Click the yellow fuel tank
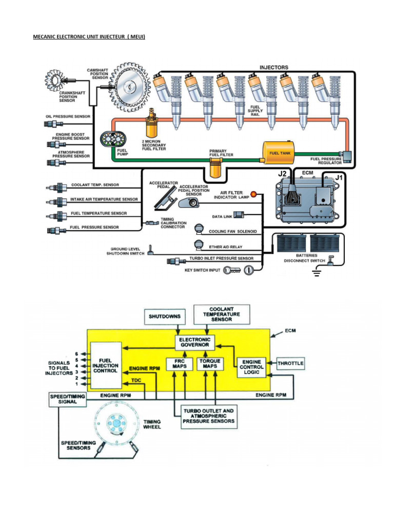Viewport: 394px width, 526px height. coord(279,153)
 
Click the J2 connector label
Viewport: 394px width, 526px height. coord(283,174)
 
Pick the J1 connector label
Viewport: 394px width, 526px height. coord(339,177)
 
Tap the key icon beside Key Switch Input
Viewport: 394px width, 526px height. coord(232,270)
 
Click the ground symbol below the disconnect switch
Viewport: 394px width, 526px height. coord(316,272)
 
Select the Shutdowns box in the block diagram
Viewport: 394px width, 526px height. coord(165,316)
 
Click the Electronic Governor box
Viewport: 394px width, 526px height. coord(194,342)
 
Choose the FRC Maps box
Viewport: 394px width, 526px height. coord(180,364)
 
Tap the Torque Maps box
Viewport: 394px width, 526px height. coord(210,364)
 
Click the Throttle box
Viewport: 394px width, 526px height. coord(290,363)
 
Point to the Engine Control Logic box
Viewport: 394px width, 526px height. coord(251,367)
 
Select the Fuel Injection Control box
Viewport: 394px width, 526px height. coord(106,366)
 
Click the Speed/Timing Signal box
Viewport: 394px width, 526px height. coord(67,400)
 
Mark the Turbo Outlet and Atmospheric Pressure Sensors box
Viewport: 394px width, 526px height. coord(209,416)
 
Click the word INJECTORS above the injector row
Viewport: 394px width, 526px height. coord(274,67)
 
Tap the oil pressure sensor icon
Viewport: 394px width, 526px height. coord(53,124)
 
